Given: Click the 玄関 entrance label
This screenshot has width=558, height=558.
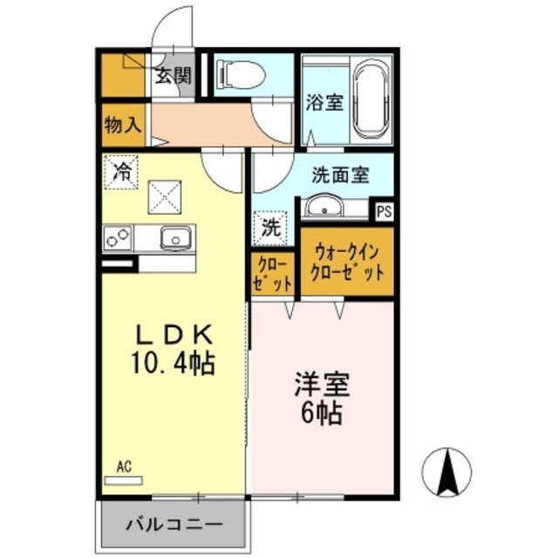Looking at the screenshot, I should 173,75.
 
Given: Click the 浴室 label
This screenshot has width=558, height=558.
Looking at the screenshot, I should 323,102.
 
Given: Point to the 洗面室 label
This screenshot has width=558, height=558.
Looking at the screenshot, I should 341,174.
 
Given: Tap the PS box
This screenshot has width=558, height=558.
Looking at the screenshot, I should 384,209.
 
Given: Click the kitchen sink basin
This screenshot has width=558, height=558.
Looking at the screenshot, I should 177,236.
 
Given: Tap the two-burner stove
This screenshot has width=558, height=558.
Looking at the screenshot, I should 119,236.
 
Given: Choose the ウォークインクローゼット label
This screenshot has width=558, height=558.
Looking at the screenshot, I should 347,262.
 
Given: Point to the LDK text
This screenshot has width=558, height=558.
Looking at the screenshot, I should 174,334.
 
